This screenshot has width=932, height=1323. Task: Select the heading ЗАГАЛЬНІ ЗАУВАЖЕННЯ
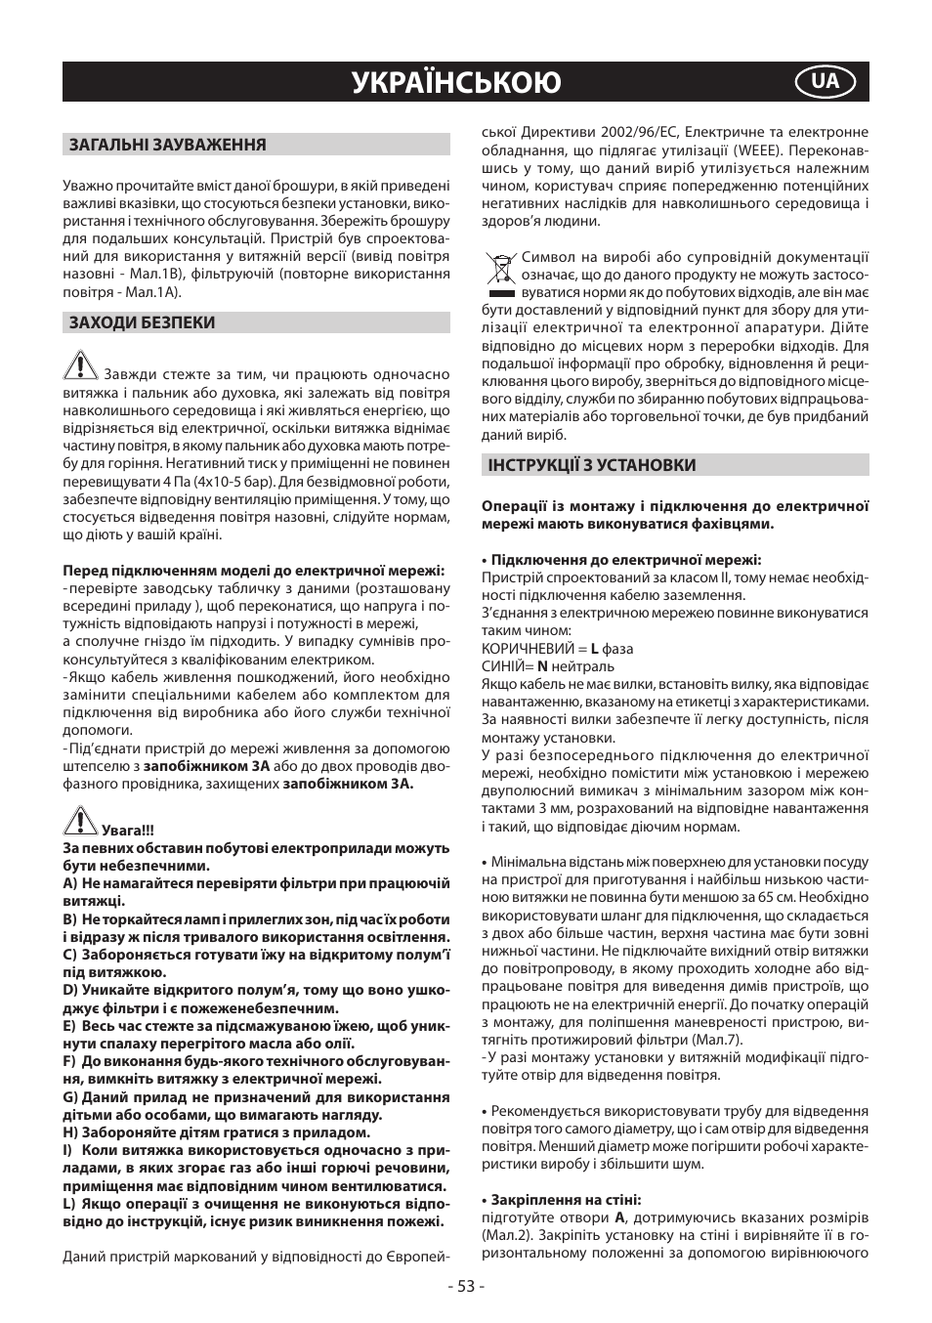pos(167,145)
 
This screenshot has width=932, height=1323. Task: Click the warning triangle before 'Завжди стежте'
pos(80,366)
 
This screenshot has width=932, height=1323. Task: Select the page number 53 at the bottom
pos(465,1286)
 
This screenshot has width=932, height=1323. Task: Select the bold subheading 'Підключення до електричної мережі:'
pos(625,560)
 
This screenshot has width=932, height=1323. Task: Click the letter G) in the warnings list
pos(70,1097)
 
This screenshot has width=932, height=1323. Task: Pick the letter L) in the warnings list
pos(69,1204)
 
